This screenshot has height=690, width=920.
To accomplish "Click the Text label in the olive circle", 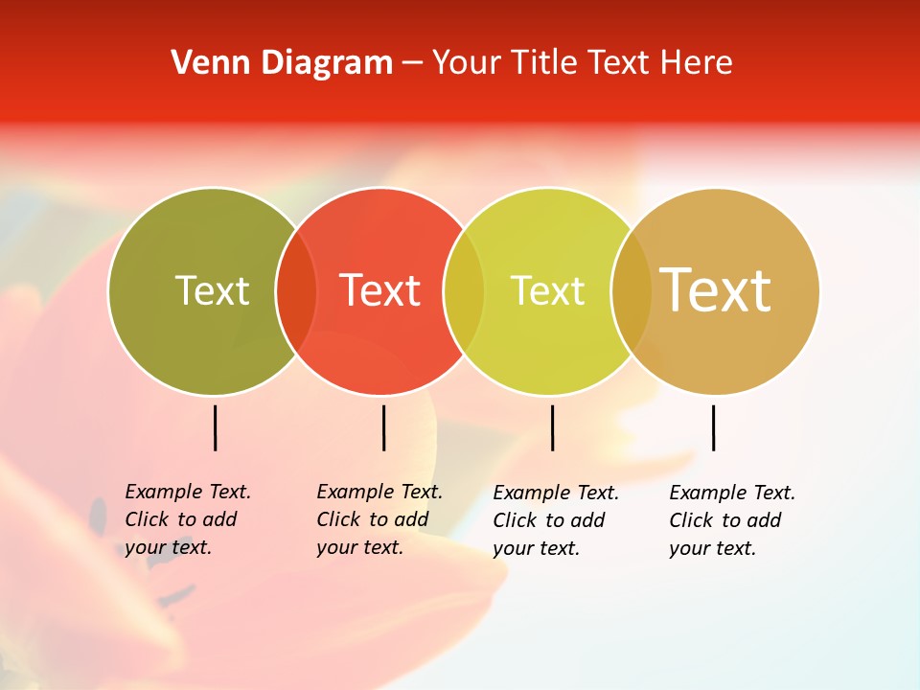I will [x=212, y=290].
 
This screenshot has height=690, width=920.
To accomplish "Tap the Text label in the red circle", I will [x=380, y=290].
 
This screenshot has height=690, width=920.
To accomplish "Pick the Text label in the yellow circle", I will [x=547, y=290].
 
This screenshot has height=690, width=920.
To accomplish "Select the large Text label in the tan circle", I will [x=715, y=289].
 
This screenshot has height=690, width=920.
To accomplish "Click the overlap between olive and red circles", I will [x=296, y=290].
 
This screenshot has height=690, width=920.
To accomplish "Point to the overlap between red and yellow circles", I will [x=464, y=290].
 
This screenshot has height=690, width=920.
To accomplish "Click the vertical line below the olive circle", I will [x=215, y=427].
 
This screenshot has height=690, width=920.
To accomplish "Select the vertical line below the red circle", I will [x=383, y=427].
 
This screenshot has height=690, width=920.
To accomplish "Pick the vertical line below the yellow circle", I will [x=552, y=427].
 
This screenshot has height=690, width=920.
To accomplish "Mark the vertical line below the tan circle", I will [x=713, y=427].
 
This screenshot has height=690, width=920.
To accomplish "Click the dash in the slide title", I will [x=412, y=64].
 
